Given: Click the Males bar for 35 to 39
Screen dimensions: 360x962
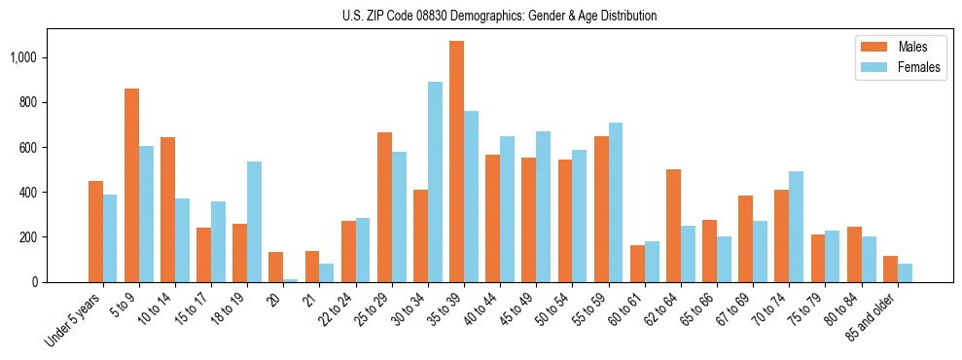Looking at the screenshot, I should pos(456,162).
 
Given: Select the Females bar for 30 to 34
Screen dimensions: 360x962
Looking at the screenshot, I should pos(435,182).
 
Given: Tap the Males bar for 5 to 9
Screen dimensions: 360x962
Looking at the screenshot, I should pos(131,185).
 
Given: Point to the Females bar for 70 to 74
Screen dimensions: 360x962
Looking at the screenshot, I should pos(796,227).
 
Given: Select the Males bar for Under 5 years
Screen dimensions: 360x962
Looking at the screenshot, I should pos(95,232).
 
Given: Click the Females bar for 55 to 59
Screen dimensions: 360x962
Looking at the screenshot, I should pos(616,202).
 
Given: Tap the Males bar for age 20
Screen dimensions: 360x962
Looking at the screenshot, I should pos(276,268).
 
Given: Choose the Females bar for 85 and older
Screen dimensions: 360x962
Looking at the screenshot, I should pos(905,272).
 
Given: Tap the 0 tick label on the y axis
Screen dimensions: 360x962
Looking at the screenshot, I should pos(41,282).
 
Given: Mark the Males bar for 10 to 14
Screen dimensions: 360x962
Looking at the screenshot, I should pos(167,209).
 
